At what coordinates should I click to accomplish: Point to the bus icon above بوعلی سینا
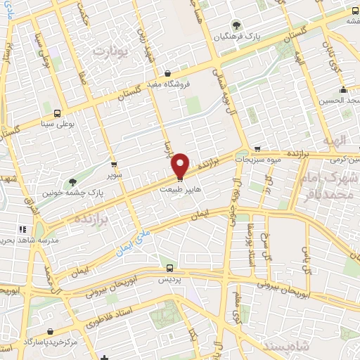(57, 112)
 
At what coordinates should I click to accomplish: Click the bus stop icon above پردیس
(169, 268)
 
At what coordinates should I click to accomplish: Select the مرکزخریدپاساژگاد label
(50, 342)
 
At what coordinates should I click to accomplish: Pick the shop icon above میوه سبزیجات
(258, 150)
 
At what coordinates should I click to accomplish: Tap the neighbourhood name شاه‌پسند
(286, 345)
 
